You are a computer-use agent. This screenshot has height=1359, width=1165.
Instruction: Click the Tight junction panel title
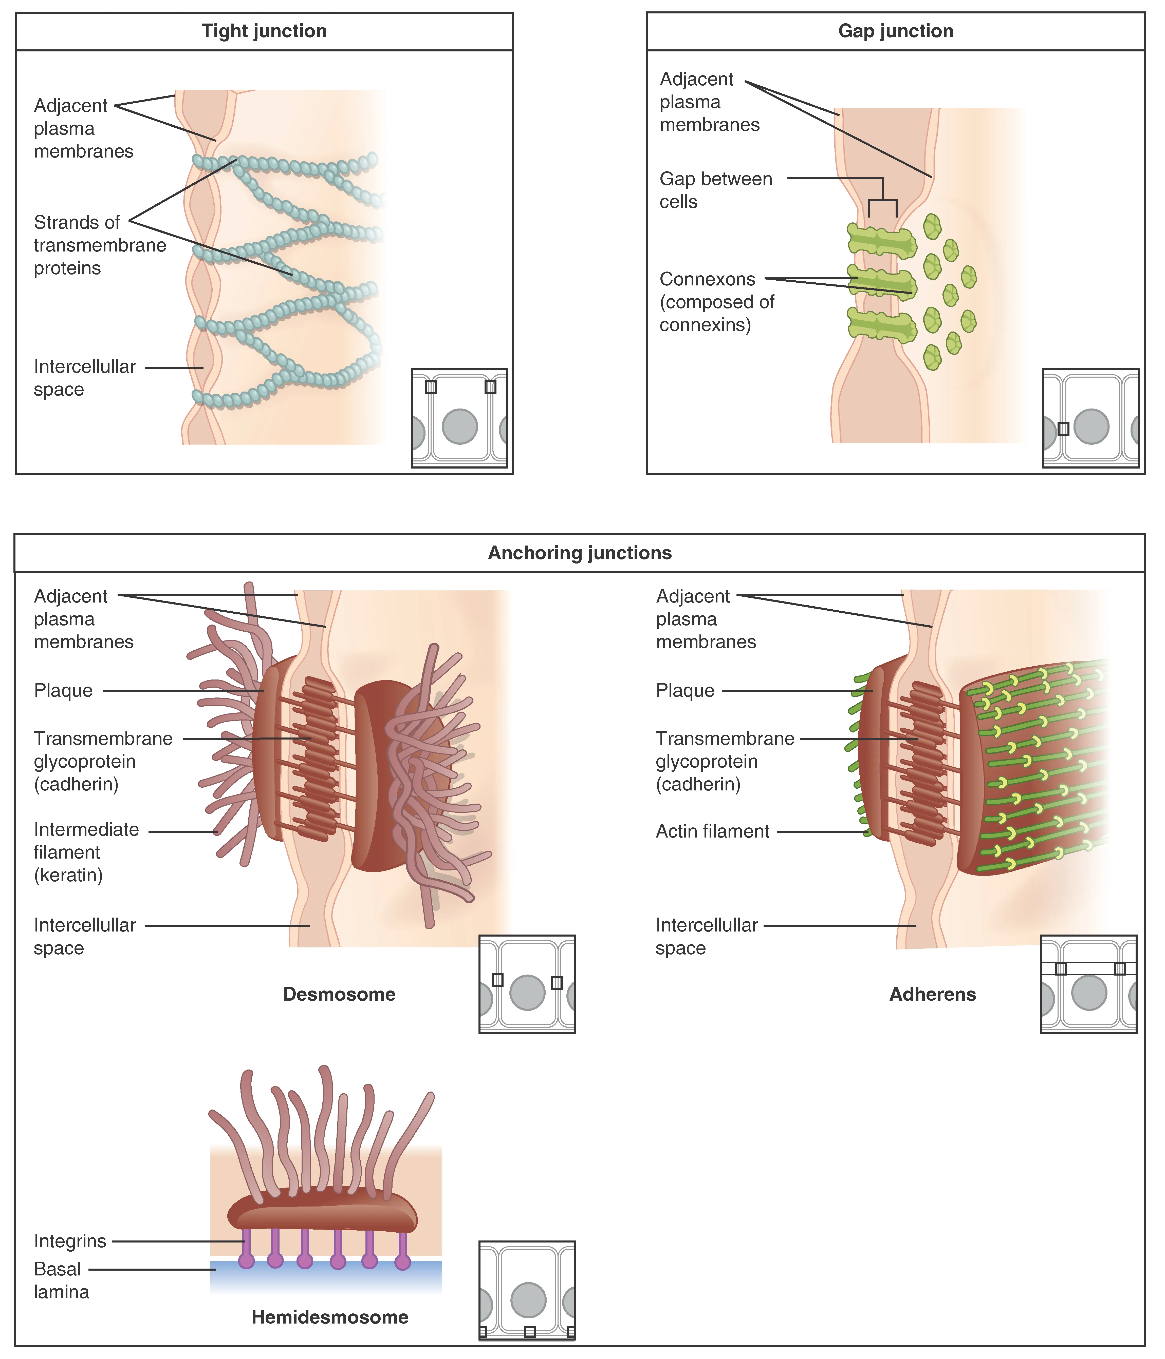pos(264,31)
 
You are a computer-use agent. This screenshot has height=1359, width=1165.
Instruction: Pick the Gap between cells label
pos(715,190)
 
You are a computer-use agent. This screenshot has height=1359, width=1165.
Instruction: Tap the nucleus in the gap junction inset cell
pos(1091,426)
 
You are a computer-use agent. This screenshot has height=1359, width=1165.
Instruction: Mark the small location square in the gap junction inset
pos(1063,429)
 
